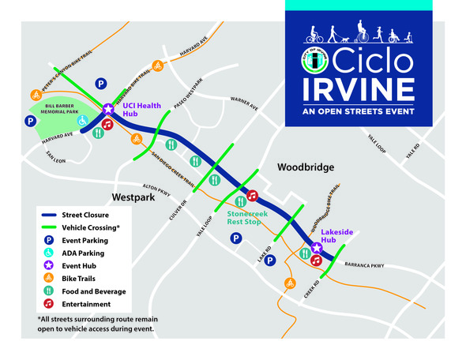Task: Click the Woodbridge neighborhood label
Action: tap(306, 167)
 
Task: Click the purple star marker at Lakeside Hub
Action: tap(316, 247)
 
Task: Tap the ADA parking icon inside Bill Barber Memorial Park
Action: tap(83, 120)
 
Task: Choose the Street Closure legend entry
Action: tap(87, 215)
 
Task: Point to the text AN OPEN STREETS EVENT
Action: tap(359, 111)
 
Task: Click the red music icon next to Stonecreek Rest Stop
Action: tap(253, 196)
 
